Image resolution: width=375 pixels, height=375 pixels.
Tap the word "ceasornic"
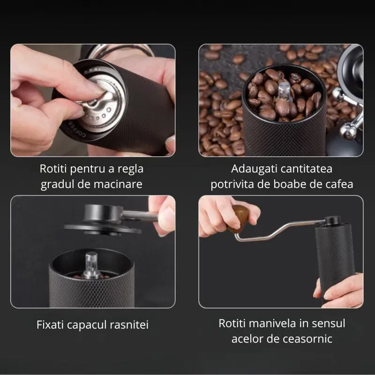tap(307, 339)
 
